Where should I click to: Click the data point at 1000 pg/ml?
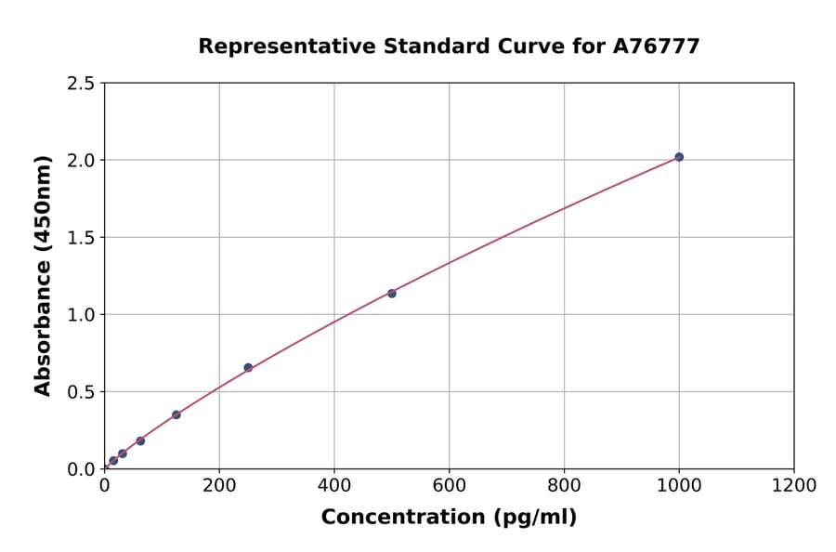679,157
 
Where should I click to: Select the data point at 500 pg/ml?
392,294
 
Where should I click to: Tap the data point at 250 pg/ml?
248,368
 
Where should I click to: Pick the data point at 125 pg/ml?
176,414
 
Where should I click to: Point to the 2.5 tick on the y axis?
81,84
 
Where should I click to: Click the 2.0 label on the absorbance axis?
81,161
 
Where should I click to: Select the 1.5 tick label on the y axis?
81,238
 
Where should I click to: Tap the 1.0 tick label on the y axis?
81,315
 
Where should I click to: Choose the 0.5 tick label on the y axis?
81,392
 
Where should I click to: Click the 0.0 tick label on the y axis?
81,469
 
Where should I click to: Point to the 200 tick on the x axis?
219,485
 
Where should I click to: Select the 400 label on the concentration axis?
334,485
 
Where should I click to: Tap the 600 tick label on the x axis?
450,485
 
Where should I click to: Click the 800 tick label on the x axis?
564,485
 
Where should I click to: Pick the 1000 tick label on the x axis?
679,485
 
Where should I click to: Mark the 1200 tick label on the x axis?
794,485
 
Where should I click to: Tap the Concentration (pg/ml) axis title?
449,518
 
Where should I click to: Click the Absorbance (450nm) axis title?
43,275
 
